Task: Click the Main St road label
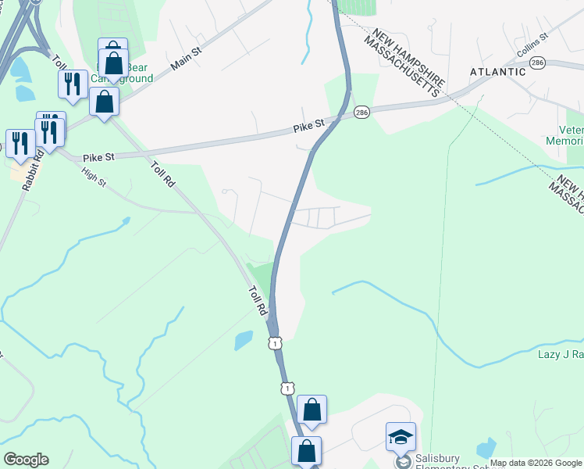point(186,61)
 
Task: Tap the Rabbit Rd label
point(31,171)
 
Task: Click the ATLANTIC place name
point(498,72)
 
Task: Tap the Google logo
point(26,460)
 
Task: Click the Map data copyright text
point(536,464)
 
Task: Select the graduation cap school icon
point(401,437)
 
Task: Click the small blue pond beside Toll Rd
point(244,340)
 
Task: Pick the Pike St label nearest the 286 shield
point(308,124)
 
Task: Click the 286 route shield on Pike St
point(361,113)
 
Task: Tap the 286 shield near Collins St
point(536,63)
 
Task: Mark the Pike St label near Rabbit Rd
point(99,156)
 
